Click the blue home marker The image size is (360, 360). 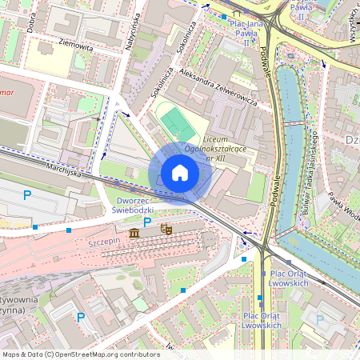[x=180, y=173]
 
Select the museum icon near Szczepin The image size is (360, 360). [x=134, y=233]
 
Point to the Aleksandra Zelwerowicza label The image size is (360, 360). [x=218, y=92]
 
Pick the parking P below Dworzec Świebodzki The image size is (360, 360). [x=146, y=222]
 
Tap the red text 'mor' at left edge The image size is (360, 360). [x=8, y=81]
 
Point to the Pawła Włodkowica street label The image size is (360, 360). [x=346, y=209]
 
